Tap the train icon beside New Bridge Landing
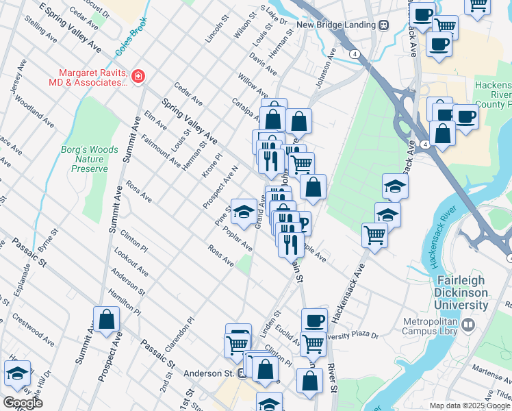point(383,25)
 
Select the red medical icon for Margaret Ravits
point(138,75)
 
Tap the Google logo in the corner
point(23,403)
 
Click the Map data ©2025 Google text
point(470,406)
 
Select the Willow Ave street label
point(253,86)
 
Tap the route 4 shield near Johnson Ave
point(354,53)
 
